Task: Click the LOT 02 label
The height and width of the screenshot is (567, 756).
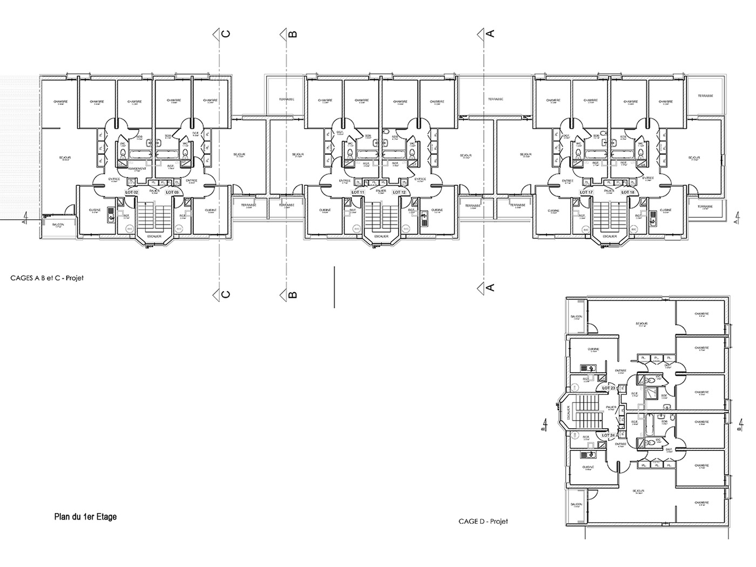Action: tap(132, 192)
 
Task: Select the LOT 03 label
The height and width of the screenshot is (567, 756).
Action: tap(172, 192)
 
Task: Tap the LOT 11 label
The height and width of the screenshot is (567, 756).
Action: tap(359, 192)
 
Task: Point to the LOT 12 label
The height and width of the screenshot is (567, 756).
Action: tap(399, 192)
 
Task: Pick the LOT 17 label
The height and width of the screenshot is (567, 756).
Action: tap(587, 192)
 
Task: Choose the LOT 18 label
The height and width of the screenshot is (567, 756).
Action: tap(627, 192)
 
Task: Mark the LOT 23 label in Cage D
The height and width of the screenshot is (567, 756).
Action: tap(609, 388)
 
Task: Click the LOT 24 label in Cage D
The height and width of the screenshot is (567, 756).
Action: tap(609, 435)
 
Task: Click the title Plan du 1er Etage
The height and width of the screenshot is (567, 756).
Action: tap(85, 517)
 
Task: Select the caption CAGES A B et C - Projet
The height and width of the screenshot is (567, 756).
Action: tap(47, 278)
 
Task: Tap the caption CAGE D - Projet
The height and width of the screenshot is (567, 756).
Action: tap(483, 521)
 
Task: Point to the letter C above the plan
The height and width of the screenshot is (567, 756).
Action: tap(227, 33)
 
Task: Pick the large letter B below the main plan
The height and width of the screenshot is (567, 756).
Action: tap(293, 294)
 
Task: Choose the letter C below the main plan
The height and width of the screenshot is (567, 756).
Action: tap(227, 294)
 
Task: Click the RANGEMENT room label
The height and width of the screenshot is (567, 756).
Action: tap(137, 168)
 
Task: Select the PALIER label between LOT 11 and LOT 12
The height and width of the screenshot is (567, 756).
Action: tap(381, 191)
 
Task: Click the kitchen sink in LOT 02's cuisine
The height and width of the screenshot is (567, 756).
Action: tap(110, 215)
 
